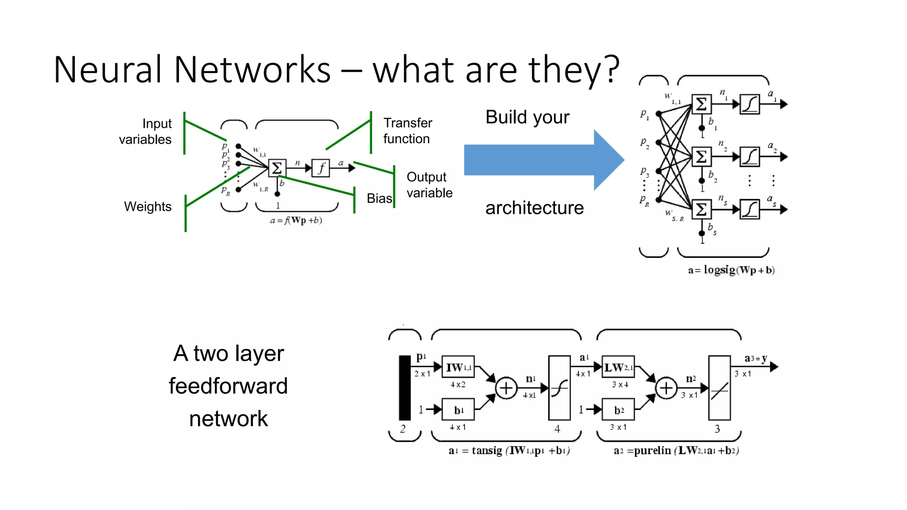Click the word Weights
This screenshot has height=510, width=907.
click(x=147, y=207)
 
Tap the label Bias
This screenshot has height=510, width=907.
click(x=379, y=198)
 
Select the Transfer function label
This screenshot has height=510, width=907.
click(x=407, y=131)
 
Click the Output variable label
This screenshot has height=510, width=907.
click(x=429, y=185)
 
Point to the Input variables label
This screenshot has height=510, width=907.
click(x=145, y=131)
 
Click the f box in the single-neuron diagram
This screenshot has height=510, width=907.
click(x=321, y=168)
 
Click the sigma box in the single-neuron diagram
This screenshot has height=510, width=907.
click(x=277, y=168)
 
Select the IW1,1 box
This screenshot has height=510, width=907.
click(x=458, y=367)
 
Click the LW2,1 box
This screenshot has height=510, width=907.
click(x=618, y=367)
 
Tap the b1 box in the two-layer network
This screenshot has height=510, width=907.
click(x=458, y=410)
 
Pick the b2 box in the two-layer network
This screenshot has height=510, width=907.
click(x=618, y=410)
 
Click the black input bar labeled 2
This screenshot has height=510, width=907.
click(x=405, y=388)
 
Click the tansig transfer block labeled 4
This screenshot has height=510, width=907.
click(x=559, y=388)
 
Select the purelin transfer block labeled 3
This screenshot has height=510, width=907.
click(x=719, y=388)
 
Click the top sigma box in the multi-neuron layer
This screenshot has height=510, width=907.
click(x=702, y=104)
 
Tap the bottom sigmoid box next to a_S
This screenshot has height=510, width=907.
click(x=750, y=209)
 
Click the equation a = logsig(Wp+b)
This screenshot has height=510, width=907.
click(x=731, y=270)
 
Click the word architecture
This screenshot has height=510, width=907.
click(x=535, y=208)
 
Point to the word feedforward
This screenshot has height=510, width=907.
click(x=228, y=386)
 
